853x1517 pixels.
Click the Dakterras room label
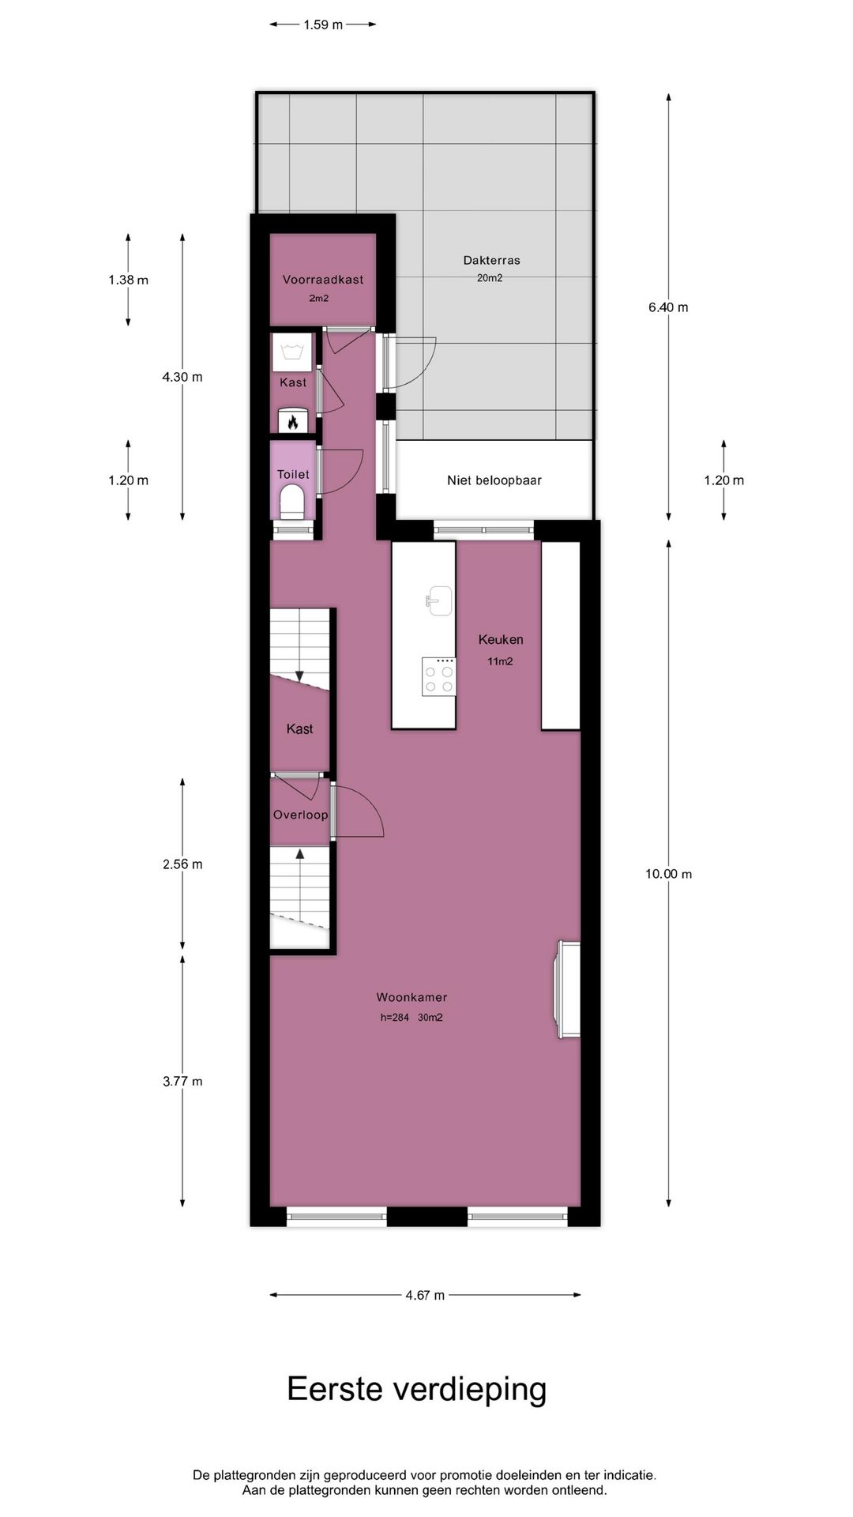(x=491, y=260)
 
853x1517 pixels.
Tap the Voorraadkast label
(x=323, y=279)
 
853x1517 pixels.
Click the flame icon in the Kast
(x=293, y=422)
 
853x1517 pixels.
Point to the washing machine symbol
(x=293, y=352)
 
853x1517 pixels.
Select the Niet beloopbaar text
(x=494, y=480)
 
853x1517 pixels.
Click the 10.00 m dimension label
(x=668, y=874)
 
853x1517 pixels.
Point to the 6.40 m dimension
(x=668, y=307)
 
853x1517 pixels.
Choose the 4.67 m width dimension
(x=425, y=1295)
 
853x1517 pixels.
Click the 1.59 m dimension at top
(x=323, y=24)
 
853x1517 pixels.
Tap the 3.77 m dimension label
(x=182, y=1082)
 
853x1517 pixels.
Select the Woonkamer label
(x=411, y=997)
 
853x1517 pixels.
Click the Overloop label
(x=300, y=815)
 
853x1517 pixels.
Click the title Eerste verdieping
(x=416, y=1388)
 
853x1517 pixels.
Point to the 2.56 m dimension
(x=182, y=864)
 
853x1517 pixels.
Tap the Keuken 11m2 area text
(x=499, y=661)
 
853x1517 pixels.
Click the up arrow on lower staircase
(x=299, y=853)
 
